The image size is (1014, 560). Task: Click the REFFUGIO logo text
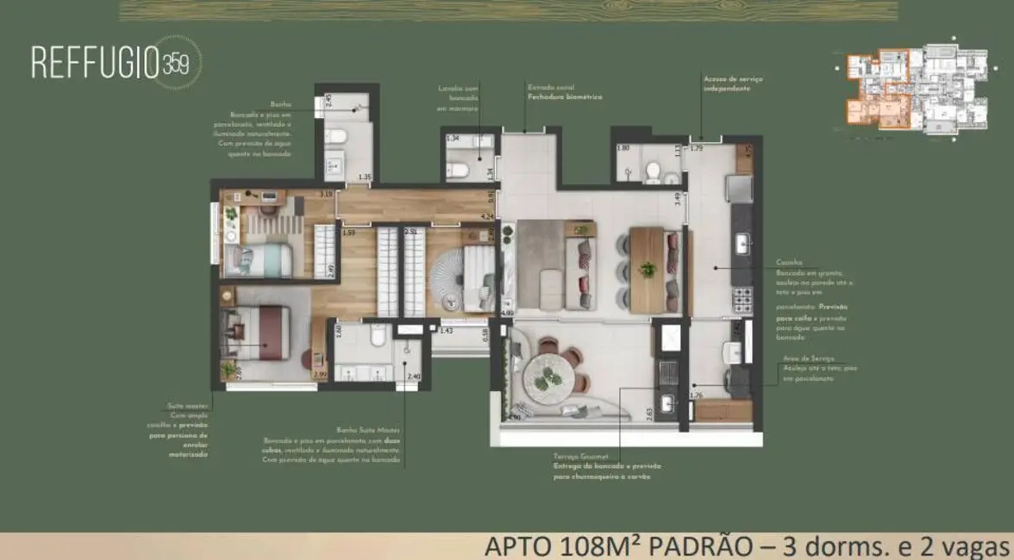[x=103, y=64]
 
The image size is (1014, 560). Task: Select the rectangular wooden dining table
[x=647, y=270]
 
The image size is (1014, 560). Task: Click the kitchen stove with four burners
[x=742, y=298]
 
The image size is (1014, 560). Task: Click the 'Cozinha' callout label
[x=788, y=262]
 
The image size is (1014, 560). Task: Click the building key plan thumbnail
[x=915, y=90]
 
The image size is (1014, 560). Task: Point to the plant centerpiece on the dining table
[x=647, y=269]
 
